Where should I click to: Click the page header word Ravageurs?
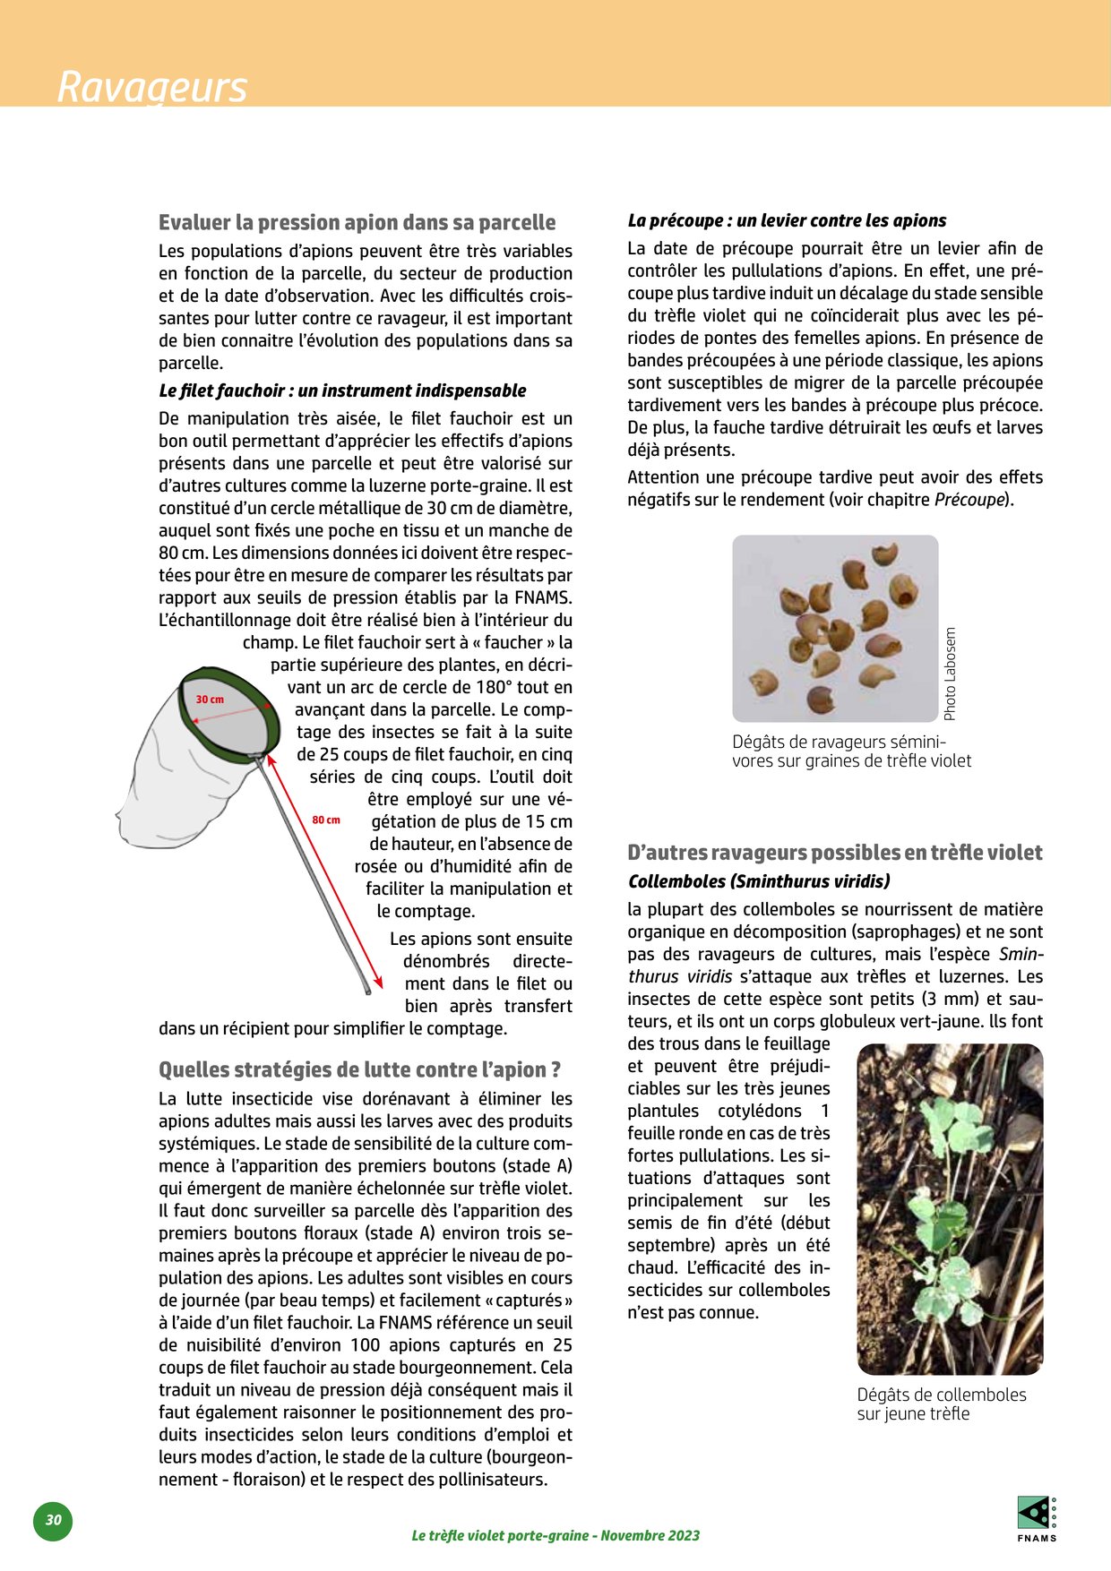151,88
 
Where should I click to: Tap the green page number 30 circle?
54,1520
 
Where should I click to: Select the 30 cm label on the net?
210,700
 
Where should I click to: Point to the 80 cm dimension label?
326,820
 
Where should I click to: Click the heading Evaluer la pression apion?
357,222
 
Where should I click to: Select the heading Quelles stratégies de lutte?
359,1069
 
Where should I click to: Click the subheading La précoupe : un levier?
787,220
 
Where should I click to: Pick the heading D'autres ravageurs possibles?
834,853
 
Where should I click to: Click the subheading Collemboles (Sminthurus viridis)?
759,881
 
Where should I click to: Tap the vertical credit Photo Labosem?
951,674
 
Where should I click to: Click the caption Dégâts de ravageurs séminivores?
851,751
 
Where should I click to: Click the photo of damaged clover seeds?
835,628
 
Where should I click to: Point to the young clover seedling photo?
950,1208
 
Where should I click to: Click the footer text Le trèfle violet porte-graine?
555,1535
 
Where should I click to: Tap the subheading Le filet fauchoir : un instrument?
342,391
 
